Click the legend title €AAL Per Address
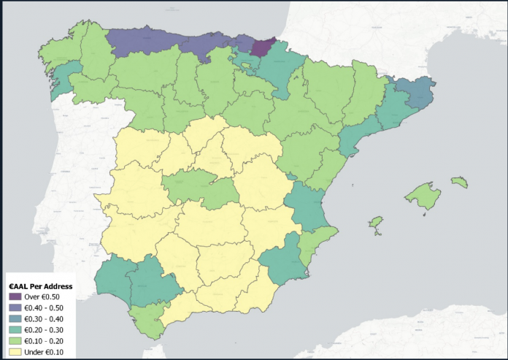pyautogui.click(x=39, y=286)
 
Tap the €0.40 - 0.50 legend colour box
pyautogui.click(x=16, y=308)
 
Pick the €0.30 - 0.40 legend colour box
pyautogui.click(x=16, y=318)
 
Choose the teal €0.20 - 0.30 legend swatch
pyautogui.click(x=16, y=329)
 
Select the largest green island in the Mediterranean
pyautogui.click(x=423, y=195)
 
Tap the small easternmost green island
pyautogui.click(x=459, y=181)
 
